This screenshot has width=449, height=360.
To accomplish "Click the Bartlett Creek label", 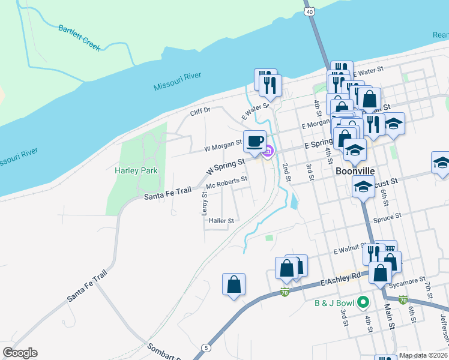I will (79, 37).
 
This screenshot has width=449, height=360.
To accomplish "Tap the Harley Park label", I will (136, 170).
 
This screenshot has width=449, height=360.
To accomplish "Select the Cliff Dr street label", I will (200, 110).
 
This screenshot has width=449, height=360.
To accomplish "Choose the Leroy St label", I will (204, 205).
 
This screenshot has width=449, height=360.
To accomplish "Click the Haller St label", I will (221, 221).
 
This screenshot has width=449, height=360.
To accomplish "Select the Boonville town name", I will (355, 171).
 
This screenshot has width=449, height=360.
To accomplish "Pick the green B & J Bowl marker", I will (363, 302).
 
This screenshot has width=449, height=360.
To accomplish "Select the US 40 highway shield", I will (309, 11).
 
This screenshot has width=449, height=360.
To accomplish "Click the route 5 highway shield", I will (206, 347).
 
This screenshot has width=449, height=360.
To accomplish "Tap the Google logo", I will (20, 353).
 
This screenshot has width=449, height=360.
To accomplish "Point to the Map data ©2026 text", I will (423, 355).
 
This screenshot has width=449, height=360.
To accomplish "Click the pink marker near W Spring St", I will (269, 151).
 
